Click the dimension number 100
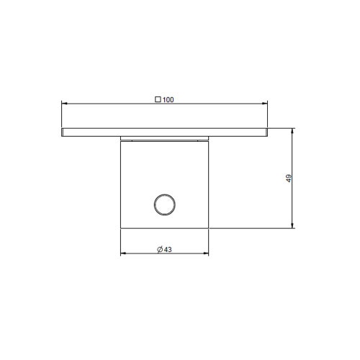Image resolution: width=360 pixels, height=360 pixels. [168, 100]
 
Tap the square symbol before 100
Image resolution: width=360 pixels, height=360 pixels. [158, 100]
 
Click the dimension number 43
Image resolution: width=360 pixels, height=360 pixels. [168, 250]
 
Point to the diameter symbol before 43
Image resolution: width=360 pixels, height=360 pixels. [159, 250]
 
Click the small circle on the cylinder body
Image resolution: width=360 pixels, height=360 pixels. [164, 204]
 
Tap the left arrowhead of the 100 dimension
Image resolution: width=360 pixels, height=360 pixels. [65, 104]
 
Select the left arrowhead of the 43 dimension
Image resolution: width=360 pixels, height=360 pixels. [123, 254]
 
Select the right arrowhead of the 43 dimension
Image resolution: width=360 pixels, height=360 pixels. [207, 254]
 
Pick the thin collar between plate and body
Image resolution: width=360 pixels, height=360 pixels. [165, 138]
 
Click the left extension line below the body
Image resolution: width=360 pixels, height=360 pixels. [120, 243]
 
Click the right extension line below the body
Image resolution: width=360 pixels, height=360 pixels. [210, 243]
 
